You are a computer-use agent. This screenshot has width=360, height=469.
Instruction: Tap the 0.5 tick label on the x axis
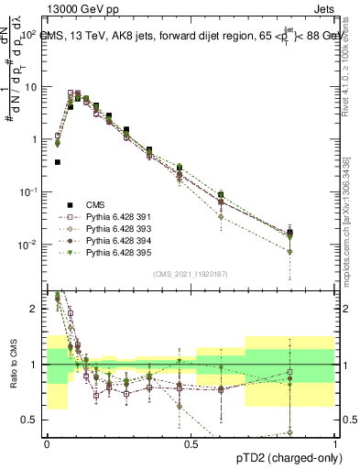pos(191,444)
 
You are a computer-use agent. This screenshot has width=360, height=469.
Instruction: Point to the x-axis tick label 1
pos(335,444)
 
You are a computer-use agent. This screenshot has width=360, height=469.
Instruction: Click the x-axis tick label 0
pos(47,444)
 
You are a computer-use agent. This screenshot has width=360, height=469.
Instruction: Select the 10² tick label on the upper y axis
pos(28,34)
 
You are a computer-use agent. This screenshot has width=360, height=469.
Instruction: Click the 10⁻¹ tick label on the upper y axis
pos(28,191)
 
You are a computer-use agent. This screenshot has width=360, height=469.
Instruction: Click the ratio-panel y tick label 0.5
pos(31,420)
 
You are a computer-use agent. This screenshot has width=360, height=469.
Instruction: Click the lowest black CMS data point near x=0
pos(58,162)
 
